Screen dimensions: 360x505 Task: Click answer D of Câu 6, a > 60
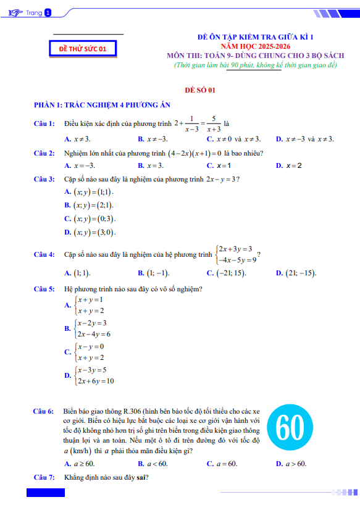(x=295, y=464)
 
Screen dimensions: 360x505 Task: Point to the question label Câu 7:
(x=44, y=477)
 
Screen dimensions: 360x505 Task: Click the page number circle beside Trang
(x=49, y=12)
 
